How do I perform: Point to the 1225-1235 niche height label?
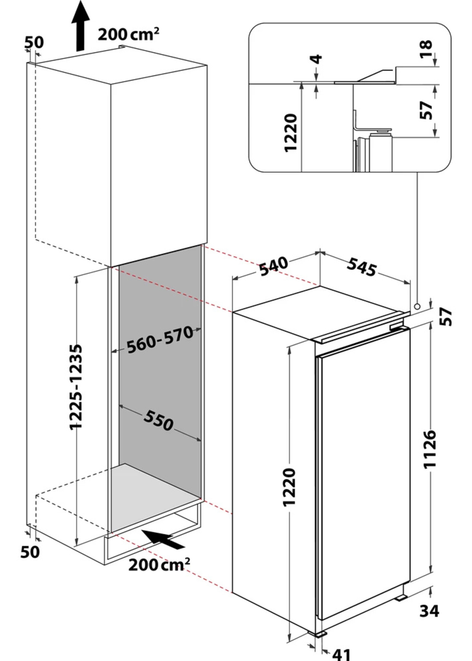tap(76, 387)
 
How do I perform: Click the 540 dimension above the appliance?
tap(273, 266)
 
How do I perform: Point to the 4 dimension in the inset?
tap(317, 59)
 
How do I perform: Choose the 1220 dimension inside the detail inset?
tap(291, 133)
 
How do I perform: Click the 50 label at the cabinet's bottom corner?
tap(30, 552)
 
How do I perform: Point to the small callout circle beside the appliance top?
tap(417, 306)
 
